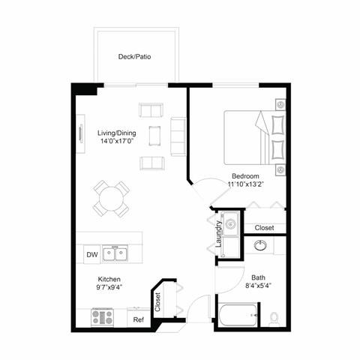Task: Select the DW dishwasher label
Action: coord(91,255)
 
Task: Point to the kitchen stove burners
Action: coord(100,317)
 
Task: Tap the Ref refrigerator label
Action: coord(138,320)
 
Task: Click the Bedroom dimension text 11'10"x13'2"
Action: coord(247,184)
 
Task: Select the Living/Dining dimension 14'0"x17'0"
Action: coord(117,140)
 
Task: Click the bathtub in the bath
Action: coord(238,316)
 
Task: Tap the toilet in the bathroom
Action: coord(274,317)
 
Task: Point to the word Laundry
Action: coord(218,233)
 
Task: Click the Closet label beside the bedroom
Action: coord(264,227)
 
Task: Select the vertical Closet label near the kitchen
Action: coord(158,301)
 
